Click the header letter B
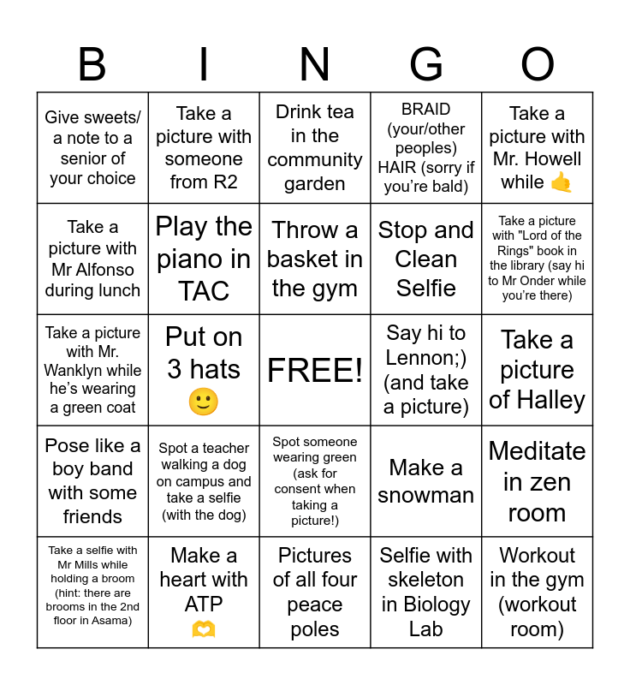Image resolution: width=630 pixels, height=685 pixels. pos(92,65)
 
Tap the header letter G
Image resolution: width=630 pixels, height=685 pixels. pos(426,65)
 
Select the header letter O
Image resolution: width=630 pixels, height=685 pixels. pos(538,65)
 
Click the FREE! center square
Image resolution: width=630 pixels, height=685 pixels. pos(315,370)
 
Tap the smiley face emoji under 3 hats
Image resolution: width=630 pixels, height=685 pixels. pos(204,402)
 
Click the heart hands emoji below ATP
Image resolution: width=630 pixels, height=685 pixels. pos(204,629)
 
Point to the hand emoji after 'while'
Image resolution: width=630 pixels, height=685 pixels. pos(562,182)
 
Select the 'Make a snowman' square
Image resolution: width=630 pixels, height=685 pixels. pos(426,481)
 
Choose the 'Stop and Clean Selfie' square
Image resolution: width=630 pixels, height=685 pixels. pos(426,259)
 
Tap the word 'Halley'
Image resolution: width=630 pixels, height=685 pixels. pos(538,400)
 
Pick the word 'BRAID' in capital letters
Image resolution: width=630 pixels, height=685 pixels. pos(426,110)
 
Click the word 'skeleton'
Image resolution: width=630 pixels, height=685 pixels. pos(426,580)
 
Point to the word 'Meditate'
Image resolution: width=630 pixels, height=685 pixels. pos(538,450)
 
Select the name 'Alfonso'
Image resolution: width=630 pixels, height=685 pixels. pos(106,270)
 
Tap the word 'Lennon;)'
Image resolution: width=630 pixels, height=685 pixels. pos(426,357)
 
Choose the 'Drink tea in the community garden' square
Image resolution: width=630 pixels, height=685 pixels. pos(315,147)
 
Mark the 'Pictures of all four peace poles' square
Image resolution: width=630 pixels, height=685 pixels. pos(315,593)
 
